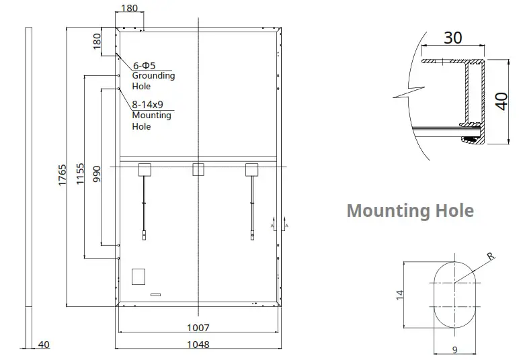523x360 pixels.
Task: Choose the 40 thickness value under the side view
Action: (44, 345)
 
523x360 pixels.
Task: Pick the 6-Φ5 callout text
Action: (145, 65)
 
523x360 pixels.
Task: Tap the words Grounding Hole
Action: (153, 81)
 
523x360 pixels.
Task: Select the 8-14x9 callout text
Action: (148, 105)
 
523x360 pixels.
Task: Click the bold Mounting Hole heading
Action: (410, 211)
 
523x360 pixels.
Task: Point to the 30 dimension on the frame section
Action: (452, 38)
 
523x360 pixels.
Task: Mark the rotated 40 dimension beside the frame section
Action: (501, 101)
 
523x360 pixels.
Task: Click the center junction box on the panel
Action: (198, 170)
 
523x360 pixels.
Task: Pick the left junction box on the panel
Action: (144, 170)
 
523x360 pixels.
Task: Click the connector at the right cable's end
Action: (251, 235)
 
